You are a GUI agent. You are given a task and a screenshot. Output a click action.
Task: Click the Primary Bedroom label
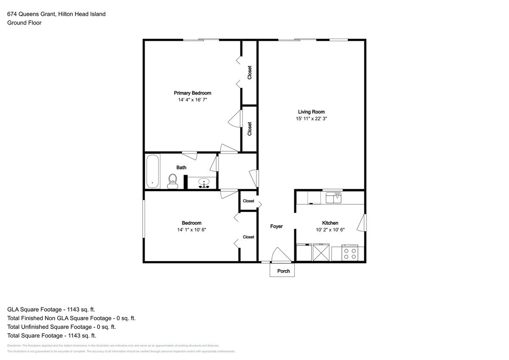pos(193,93)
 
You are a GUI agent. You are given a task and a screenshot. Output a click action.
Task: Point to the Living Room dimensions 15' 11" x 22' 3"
pos(311,119)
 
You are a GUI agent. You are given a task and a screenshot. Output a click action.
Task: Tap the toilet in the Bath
pos(173,181)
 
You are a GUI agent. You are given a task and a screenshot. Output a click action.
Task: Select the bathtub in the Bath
pos(152,171)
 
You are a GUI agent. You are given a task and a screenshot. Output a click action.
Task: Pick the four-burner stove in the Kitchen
pos(350,253)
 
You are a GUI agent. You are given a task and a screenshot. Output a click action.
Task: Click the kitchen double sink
pos(333,198)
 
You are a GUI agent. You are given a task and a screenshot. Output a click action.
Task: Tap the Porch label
pos(283,271)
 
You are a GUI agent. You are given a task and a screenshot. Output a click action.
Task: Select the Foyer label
pos(276,226)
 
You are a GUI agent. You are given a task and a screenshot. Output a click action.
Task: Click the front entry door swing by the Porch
pos(281,255)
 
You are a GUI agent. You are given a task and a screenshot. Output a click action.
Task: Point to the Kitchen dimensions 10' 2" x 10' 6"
pos(330,230)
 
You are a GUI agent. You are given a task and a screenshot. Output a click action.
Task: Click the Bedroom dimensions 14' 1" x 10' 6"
pos(192,230)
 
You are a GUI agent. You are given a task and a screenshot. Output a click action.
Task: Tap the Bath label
pos(182,167)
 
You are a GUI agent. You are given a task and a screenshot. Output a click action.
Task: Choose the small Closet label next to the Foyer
pos(249,201)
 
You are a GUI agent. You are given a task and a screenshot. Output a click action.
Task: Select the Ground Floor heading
pos(24,23)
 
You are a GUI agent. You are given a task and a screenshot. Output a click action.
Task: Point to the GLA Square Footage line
pos(51,310)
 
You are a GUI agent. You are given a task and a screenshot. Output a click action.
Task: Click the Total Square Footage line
pos(52,336)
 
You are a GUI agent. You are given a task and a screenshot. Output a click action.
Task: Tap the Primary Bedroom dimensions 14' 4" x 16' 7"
pos(193,100)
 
